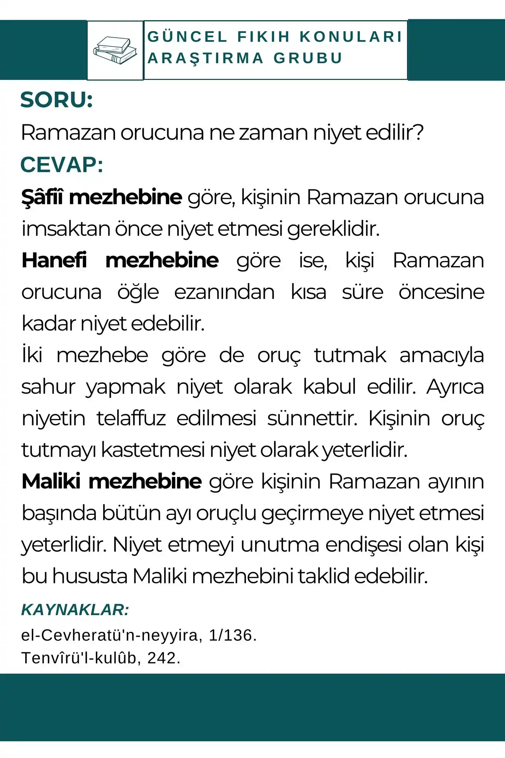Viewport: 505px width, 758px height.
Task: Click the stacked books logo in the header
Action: (x=115, y=50)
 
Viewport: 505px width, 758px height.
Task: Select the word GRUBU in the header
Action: (x=308, y=58)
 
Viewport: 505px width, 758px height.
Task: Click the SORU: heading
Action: (x=57, y=100)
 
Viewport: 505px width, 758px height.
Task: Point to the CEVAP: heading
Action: (x=61, y=165)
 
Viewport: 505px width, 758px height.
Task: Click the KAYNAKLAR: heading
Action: (x=75, y=610)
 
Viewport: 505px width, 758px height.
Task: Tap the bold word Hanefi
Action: (x=54, y=260)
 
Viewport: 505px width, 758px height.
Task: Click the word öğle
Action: (x=138, y=292)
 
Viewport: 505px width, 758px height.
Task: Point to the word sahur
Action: (x=48, y=387)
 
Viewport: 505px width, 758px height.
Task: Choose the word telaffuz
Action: (x=131, y=419)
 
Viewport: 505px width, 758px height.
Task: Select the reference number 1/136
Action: (x=230, y=635)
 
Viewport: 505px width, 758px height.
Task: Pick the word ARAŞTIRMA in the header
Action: (x=206, y=58)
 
